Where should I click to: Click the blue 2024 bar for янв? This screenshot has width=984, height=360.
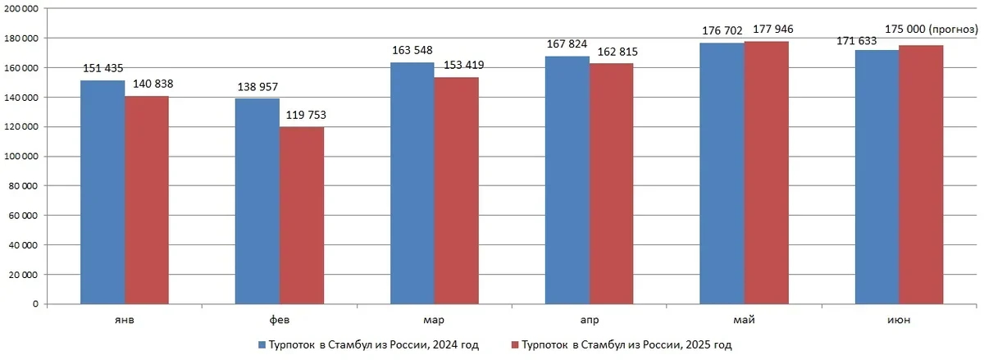[103, 192]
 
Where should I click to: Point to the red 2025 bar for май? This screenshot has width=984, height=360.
[766, 172]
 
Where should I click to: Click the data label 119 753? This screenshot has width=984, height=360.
[304, 116]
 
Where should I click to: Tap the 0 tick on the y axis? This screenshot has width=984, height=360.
[36, 304]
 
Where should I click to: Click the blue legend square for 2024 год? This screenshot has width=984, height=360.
[261, 345]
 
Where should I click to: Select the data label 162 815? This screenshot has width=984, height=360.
[610, 52]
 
